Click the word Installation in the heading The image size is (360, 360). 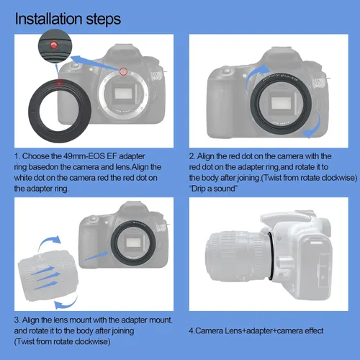[x=49, y=19]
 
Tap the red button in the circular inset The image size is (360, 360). [x=53, y=45]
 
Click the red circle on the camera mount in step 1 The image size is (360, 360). [x=123, y=71]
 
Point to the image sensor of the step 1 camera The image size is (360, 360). [x=123, y=94]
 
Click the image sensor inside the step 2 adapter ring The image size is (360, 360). [x=281, y=104]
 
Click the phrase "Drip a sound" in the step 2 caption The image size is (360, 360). [x=213, y=189]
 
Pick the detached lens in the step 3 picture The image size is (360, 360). [x=48, y=275]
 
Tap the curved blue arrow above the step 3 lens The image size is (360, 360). [x=49, y=241]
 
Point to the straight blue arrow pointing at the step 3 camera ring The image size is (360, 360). [x=96, y=256]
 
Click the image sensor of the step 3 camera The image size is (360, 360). [x=134, y=243]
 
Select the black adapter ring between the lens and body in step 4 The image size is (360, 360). [x=271, y=256]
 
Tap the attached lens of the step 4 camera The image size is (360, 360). [x=237, y=256]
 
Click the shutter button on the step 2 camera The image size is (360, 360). [x=226, y=71]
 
